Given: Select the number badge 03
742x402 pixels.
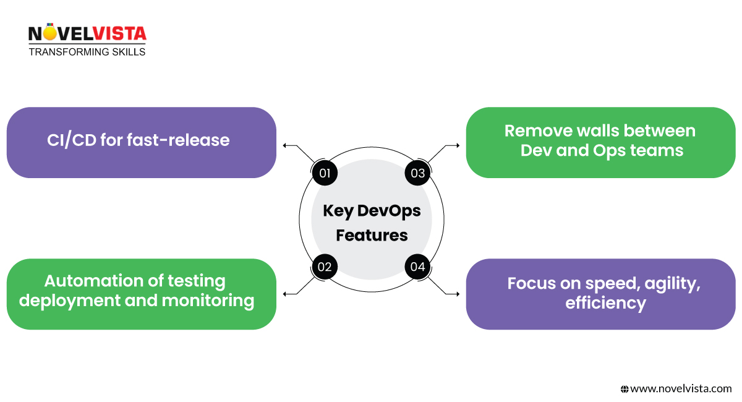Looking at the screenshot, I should pos(418,173).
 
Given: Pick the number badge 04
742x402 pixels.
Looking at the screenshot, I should pos(418,267).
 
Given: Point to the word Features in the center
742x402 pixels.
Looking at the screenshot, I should pos(372,235).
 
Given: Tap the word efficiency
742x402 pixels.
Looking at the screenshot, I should pos(605,304).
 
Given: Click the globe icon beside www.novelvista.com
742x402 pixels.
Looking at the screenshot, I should pos(625,389).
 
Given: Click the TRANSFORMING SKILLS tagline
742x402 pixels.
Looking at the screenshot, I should pos(87,52).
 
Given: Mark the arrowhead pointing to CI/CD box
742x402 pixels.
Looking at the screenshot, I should pos(285,146).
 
